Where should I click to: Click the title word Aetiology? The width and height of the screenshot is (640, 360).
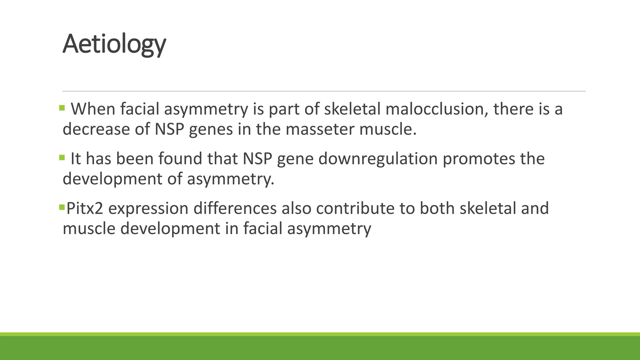(x=114, y=44)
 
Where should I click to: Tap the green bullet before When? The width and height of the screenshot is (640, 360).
(x=62, y=108)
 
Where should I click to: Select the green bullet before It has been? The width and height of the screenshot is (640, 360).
(x=62, y=157)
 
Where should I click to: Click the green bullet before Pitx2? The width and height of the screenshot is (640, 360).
(x=62, y=207)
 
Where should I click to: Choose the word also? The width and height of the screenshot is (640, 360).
(x=296, y=208)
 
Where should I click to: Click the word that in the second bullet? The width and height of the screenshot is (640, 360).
(x=222, y=158)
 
